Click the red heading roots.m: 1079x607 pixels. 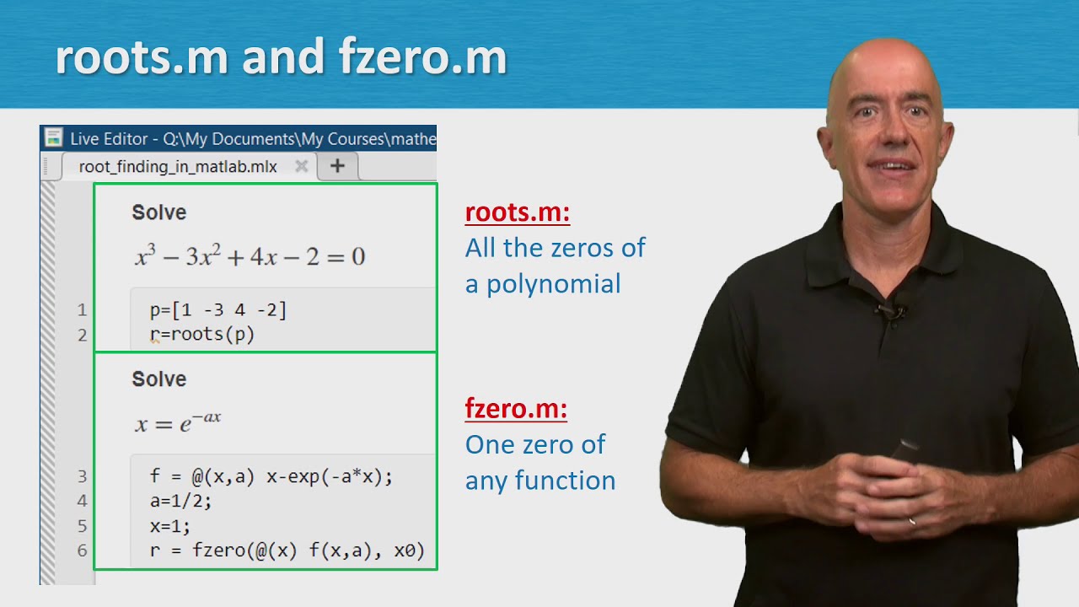tap(517, 212)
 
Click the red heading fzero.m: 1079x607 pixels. tap(515, 410)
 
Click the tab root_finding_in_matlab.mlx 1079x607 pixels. tap(178, 166)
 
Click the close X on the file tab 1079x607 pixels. tap(301, 166)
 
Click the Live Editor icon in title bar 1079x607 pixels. tap(54, 137)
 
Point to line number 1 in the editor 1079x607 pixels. tap(82, 310)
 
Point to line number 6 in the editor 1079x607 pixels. tap(82, 551)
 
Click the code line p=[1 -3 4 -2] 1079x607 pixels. tap(218, 310)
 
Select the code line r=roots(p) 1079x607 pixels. tap(202, 335)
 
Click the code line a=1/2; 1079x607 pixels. tap(180, 501)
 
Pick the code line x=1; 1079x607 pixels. tap(170, 525)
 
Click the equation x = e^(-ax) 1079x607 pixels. tap(178, 422)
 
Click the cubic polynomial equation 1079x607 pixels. tap(250, 256)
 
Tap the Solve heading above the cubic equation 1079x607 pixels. tap(158, 212)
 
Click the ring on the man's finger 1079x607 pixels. tap(912, 522)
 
